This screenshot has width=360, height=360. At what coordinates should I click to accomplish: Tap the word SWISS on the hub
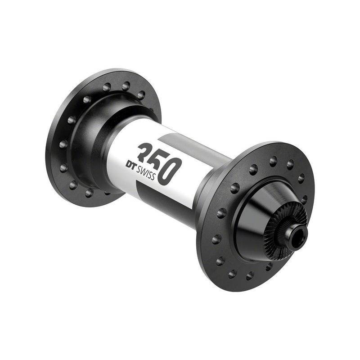pos(146,173)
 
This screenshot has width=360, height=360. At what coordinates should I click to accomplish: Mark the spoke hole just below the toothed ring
pos(269,266)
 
